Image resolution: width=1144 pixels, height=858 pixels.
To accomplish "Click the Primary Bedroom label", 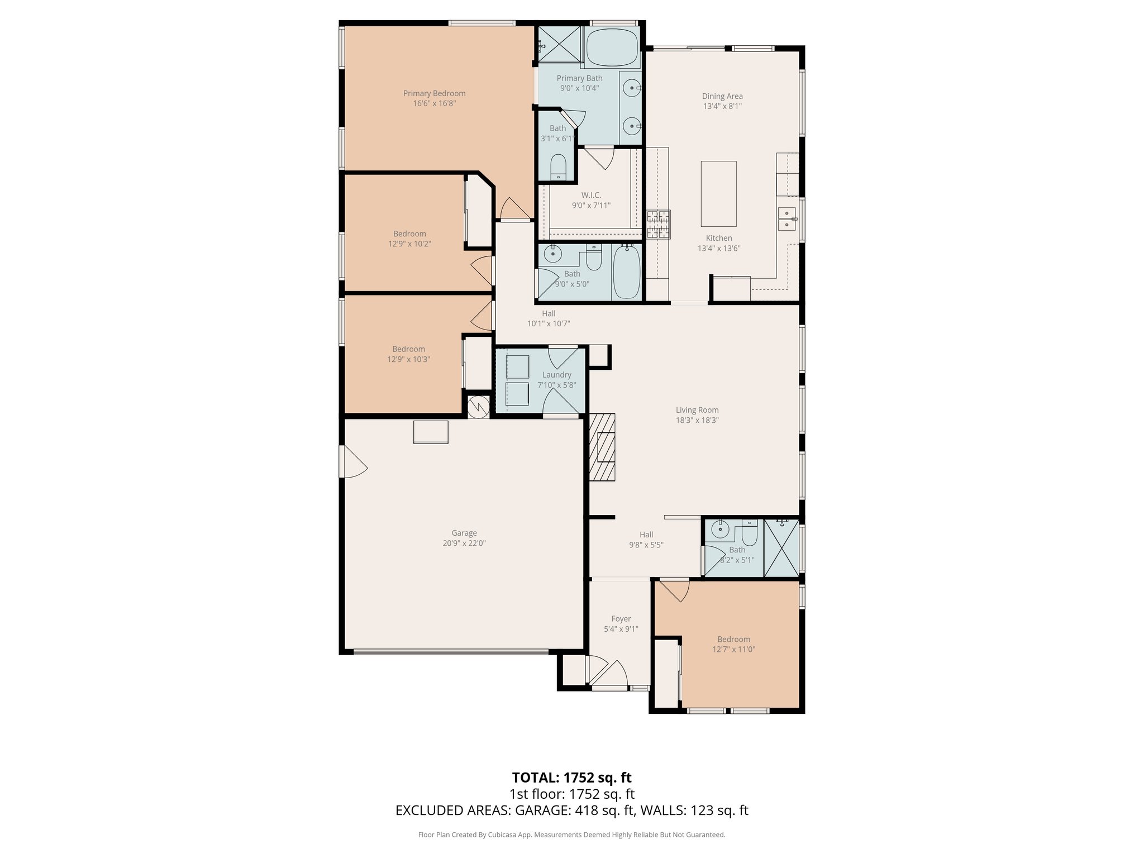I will click(x=434, y=93).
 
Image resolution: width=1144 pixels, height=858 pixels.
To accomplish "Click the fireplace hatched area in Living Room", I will click(x=602, y=447).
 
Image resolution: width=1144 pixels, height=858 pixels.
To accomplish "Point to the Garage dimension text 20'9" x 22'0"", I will click(x=464, y=543).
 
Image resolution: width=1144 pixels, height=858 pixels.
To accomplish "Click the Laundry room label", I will click(x=556, y=375).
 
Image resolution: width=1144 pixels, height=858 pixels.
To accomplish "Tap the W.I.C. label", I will click(x=591, y=195).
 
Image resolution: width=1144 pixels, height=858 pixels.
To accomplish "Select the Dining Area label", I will click(x=722, y=96).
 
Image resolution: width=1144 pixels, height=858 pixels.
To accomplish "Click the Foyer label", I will click(x=621, y=619).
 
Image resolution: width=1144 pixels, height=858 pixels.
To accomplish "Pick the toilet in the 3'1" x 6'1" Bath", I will click(x=558, y=167).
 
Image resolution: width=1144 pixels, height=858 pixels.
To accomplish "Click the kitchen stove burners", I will click(x=659, y=224).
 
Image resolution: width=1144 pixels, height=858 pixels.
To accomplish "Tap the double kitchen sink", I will click(x=786, y=219).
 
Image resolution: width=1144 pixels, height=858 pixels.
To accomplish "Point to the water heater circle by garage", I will click(x=478, y=407).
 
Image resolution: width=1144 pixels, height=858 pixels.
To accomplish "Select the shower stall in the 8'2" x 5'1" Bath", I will click(x=781, y=547).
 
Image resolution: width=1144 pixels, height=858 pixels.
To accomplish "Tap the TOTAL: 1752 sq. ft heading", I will click(x=571, y=778).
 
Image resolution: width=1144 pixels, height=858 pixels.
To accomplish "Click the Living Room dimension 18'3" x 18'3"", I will click(x=697, y=420).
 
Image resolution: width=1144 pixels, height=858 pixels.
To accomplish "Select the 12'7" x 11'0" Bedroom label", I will click(x=733, y=640).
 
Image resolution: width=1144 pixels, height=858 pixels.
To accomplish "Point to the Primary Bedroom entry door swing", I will click(x=514, y=209).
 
